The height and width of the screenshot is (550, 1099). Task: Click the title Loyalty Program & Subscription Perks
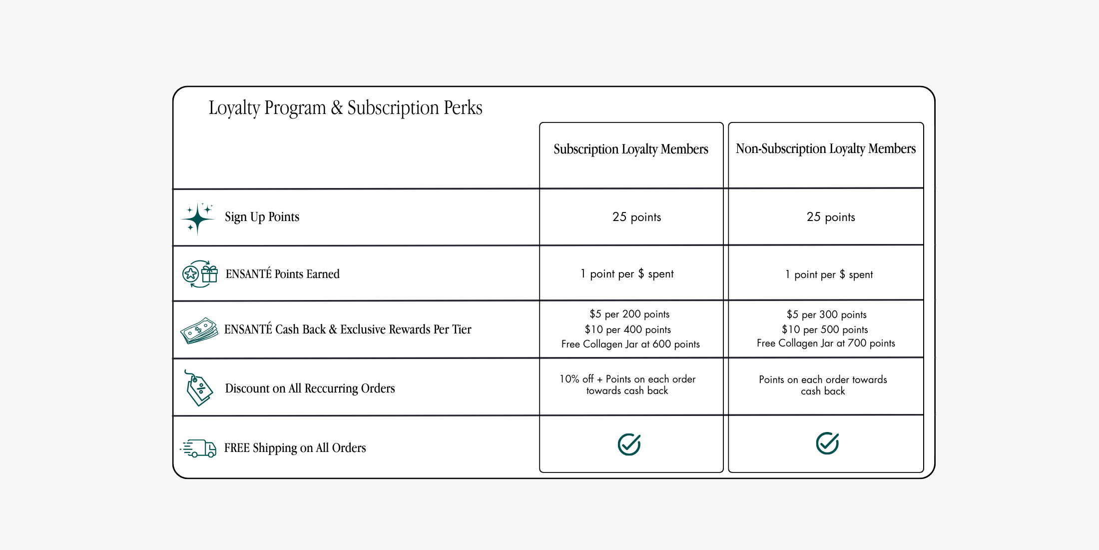(x=345, y=108)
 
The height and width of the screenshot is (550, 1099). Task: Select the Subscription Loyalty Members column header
(x=631, y=149)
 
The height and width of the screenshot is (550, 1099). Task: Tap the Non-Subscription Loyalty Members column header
(x=826, y=148)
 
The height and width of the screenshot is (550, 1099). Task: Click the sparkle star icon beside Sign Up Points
(x=198, y=218)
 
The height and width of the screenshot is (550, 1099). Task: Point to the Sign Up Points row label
(x=262, y=217)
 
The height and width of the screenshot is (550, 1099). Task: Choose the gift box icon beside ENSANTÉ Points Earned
(x=210, y=274)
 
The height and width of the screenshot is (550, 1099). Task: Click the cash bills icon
(x=199, y=330)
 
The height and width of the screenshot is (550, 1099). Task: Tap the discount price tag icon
(x=199, y=388)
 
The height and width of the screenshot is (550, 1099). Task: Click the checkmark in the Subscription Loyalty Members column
(x=629, y=444)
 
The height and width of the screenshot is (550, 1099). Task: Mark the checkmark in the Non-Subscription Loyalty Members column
(x=827, y=443)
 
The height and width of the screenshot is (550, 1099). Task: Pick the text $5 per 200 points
(x=629, y=314)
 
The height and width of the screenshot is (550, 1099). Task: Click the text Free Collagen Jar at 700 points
(x=826, y=343)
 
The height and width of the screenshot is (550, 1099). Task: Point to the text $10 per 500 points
(x=825, y=329)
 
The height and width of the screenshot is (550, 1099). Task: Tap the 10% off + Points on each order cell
(x=627, y=385)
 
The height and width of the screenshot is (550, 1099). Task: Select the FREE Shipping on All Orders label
(x=295, y=448)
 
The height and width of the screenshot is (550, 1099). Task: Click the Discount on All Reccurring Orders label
(x=310, y=388)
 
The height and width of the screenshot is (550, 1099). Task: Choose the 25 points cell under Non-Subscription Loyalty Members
(x=831, y=217)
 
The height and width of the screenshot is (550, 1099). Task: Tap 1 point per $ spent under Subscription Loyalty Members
(x=627, y=274)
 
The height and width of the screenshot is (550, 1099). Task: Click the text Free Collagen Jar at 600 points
(x=630, y=344)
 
